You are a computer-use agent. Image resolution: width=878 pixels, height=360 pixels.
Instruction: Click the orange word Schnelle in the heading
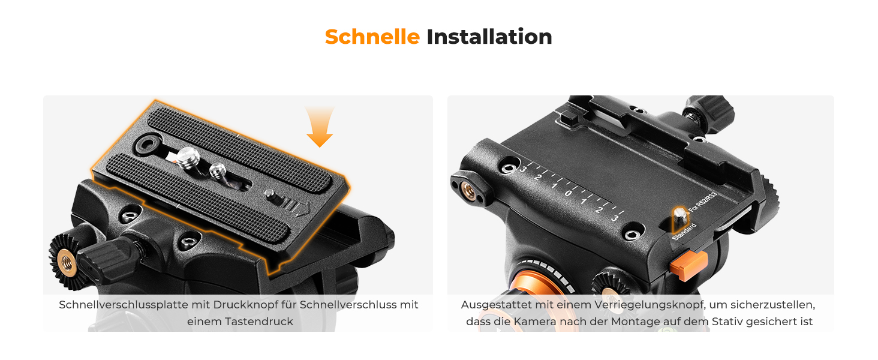coord(372,37)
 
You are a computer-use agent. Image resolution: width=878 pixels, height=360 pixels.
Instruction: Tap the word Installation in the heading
coord(489,37)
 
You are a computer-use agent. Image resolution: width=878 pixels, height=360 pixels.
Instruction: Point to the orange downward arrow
coord(320,126)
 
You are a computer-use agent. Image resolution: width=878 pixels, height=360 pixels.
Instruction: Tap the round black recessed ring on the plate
coord(148,145)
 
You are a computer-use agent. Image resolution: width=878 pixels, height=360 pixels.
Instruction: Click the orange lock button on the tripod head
coord(689,265)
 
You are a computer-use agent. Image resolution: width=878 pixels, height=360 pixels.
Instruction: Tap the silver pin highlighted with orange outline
coord(681,218)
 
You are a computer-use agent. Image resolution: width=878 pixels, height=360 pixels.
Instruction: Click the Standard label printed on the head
coord(684,232)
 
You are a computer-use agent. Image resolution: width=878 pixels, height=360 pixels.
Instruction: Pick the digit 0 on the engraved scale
coord(569,193)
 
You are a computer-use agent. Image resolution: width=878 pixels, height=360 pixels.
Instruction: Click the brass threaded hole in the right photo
coord(468,191)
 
